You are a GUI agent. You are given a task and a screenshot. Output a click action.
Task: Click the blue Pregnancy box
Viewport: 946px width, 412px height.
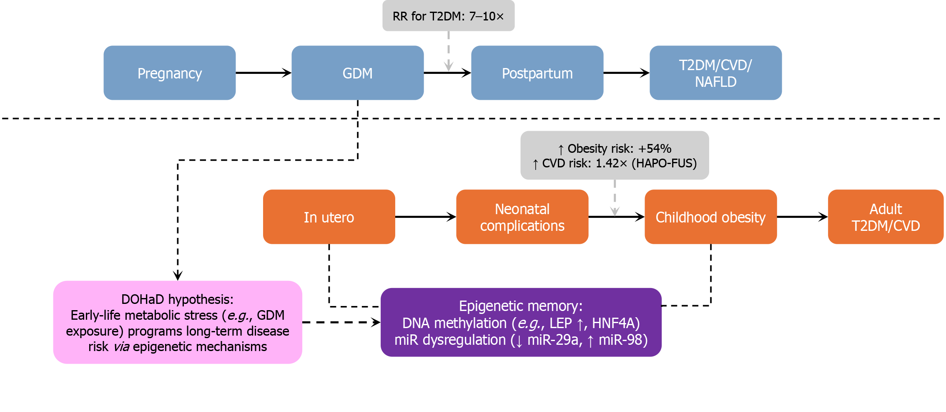tap(170, 73)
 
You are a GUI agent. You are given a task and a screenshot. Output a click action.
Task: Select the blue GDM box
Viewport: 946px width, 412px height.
tap(358, 73)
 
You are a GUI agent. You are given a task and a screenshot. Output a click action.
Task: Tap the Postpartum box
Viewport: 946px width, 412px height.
tap(537, 73)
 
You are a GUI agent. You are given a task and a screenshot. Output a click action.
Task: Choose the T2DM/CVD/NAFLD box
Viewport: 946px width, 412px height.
tap(716, 73)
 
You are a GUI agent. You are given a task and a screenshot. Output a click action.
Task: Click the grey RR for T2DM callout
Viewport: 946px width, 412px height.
tap(449, 16)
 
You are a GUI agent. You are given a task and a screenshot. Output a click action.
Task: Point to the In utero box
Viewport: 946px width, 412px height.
tap(329, 217)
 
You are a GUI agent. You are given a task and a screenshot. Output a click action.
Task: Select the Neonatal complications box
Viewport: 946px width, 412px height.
tap(522, 217)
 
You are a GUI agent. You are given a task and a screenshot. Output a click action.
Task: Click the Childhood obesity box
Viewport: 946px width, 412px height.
tap(711, 217)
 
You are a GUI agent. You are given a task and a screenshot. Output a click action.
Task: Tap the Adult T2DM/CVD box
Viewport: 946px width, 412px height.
tap(886, 217)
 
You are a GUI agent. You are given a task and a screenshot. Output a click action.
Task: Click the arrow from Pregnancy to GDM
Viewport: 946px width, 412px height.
tap(263, 73)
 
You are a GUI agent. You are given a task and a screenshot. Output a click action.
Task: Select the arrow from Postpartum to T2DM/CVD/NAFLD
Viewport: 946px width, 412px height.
tap(627, 73)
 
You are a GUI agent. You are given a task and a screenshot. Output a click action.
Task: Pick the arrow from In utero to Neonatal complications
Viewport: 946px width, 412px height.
tap(426, 217)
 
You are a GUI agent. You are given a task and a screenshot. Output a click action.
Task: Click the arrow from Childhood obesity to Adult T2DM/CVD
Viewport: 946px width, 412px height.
tap(803, 217)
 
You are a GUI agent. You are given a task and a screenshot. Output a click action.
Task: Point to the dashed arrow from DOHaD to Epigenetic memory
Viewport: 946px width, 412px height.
tap(341, 322)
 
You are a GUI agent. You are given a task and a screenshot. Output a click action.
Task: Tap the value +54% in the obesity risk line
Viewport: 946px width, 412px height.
tap(655, 149)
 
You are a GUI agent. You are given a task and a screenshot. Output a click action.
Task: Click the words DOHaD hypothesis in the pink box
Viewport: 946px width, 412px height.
tap(177, 299)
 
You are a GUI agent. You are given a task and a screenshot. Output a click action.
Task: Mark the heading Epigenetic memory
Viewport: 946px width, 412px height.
tap(521, 306)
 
